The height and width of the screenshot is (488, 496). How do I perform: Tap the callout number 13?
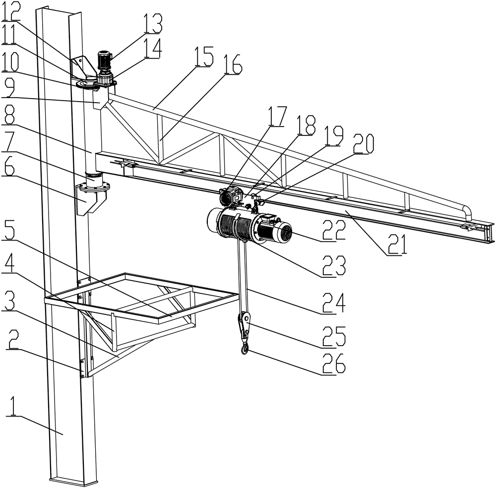tap(152, 24)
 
